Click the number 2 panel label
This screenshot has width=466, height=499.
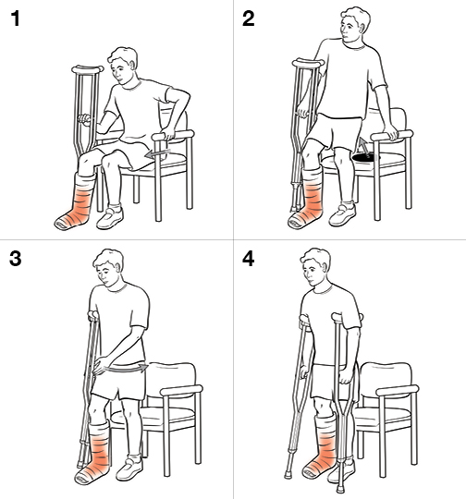249,18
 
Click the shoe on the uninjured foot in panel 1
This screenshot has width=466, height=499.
112,217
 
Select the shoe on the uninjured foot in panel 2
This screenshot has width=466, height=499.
341,216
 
